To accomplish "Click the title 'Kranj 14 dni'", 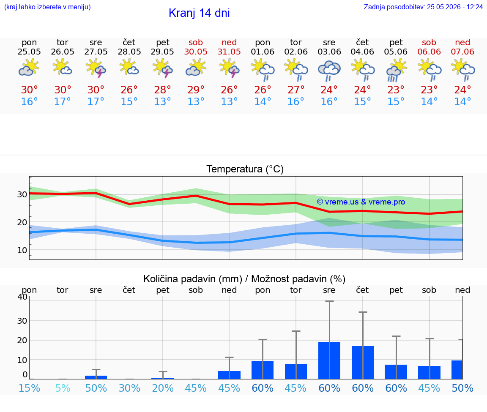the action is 199,13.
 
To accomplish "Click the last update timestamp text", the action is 423,7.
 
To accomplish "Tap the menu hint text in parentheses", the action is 47,7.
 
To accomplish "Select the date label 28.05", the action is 129,52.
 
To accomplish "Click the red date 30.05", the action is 196,52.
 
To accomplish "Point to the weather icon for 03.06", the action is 329,71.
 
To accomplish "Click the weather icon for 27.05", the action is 96,68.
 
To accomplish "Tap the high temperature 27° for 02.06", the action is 295,90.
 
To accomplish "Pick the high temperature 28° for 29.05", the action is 162,90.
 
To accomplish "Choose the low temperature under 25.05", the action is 29,101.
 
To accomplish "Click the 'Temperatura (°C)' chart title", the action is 245,169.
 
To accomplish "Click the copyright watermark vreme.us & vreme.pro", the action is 361,202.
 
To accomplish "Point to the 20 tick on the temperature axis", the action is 22,222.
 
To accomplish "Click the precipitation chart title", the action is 244,279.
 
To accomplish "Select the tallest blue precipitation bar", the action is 329,360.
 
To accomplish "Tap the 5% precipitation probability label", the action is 63,388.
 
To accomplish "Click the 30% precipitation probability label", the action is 129,388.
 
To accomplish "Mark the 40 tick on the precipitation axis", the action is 22,297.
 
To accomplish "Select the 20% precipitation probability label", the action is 162,388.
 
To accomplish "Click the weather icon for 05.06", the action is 396,71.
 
